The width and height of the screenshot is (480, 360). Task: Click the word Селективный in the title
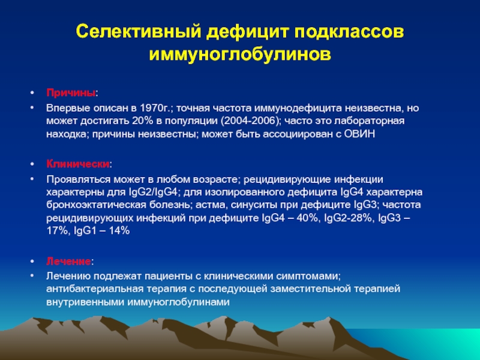[x=139, y=32]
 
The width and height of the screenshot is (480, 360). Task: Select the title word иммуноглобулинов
[x=241, y=55]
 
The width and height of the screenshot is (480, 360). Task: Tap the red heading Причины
[x=71, y=93]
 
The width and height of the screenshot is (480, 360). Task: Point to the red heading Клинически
[x=78, y=164]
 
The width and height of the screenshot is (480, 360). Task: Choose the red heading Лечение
[x=68, y=262]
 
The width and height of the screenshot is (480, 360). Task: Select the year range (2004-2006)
[x=250, y=121]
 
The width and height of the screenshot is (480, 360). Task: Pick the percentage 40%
[x=307, y=218]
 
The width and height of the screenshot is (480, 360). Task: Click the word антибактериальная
[x=95, y=289]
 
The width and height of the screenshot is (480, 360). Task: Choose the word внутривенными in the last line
[x=85, y=302]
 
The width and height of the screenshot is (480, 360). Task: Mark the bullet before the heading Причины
[x=32, y=92]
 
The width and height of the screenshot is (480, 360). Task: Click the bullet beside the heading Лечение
[x=32, y=261]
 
